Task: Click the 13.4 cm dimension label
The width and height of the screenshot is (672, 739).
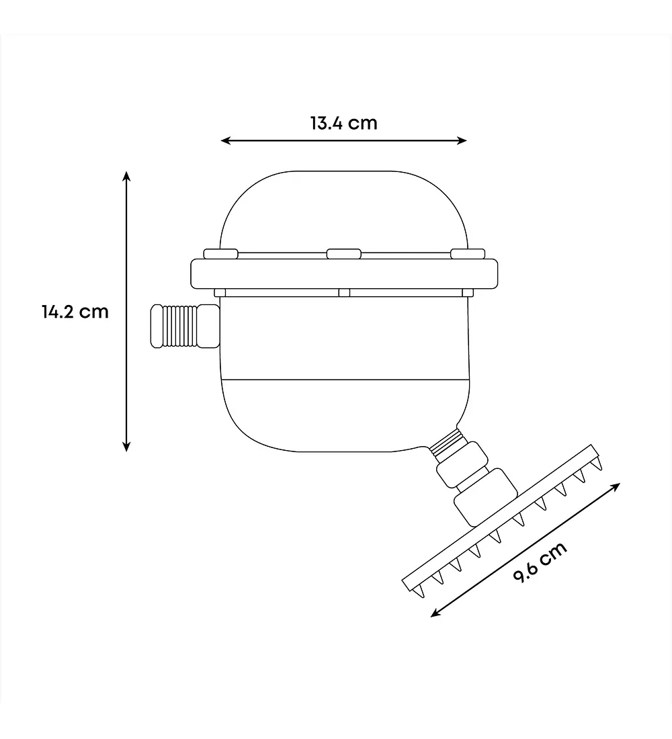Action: pyautogui.click(x=344, y=123)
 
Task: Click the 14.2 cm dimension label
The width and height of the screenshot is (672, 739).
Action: pyautogui.click(x=75, y=312)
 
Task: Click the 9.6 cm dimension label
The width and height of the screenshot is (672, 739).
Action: pyautogui.click(x=540, y=562)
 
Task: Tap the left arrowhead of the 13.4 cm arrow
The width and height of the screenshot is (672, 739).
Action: pyautogui.click(x=225, y=140)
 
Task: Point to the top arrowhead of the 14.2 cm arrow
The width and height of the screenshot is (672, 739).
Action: pyautogui.click(x=126, y=176)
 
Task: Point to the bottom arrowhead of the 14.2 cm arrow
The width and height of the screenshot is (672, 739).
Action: pyautogui.click(x=126, y=446)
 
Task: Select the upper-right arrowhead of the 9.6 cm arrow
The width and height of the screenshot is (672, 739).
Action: pyautogui.click(x=616, y=486)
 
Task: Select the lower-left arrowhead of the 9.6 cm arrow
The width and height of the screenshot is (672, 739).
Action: pyautogui.click(x=435, y=613)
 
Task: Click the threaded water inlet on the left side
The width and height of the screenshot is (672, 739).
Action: pyautogui.click(x=185, y=326)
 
